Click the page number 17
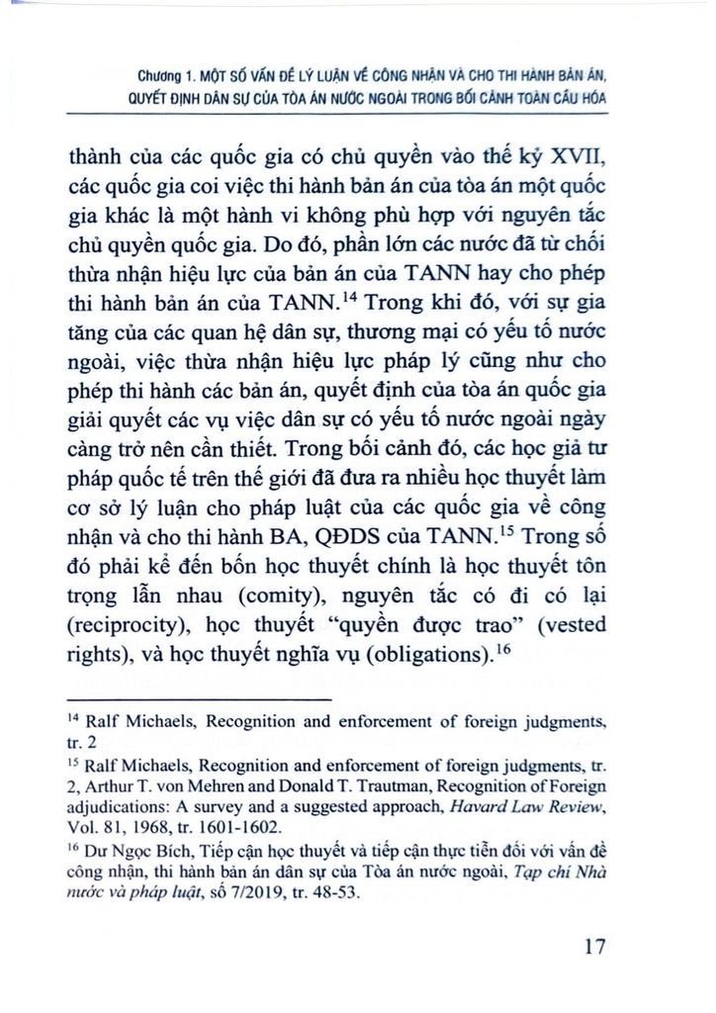coord(593,947)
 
